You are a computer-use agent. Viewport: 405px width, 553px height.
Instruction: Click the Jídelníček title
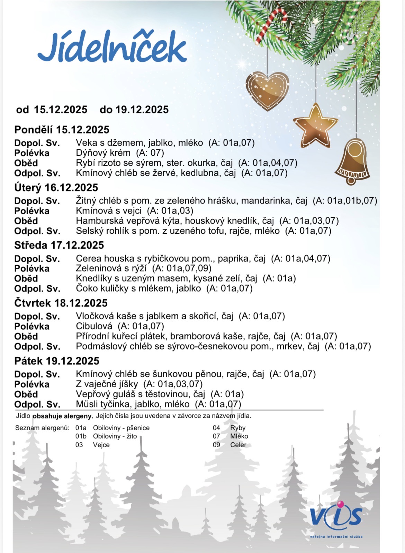coord(112,49)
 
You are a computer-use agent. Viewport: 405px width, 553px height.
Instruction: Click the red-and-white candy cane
coord(272,26)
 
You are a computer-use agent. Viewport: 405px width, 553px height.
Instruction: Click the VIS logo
coord(336,517)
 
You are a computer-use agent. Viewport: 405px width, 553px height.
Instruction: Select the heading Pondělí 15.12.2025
coord(62,130)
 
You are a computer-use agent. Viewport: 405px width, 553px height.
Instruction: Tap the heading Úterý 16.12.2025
coord(56,188)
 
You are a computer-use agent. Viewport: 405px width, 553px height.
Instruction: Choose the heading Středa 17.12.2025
coord(59,245)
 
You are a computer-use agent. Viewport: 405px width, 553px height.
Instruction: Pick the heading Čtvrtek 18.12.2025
coord(61,303)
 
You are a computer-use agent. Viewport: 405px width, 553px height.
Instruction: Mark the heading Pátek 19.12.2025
coord(57,361)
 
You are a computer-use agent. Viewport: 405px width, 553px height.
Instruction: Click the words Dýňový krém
coord(103,153)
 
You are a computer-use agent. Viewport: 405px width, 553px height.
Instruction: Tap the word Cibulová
coord(94,326)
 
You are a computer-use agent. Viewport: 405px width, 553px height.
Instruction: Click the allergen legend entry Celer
coord(238,445)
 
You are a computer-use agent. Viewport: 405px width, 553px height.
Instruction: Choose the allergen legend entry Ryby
coord(238,428)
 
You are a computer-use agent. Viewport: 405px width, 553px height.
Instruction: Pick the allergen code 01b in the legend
coord(81,436)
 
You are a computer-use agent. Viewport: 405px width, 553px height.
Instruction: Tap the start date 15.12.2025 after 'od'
coord(61,110)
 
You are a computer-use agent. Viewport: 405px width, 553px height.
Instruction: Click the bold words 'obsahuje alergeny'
coord(63,416)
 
